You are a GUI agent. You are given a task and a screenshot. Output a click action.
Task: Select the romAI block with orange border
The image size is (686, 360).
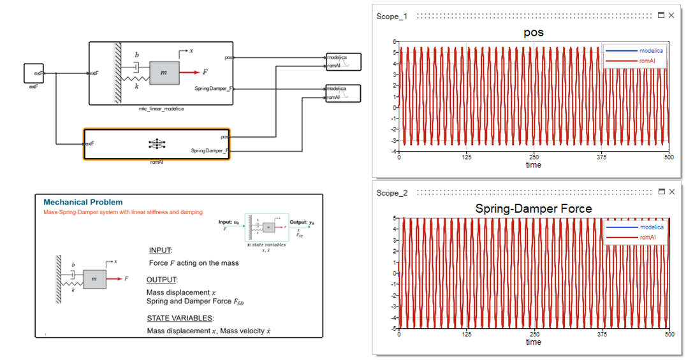pos(157,144)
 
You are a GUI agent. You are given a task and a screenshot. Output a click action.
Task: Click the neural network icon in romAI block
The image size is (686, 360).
pos(156,144)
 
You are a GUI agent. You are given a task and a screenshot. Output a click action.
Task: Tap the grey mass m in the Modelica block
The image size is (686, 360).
pos(164,73)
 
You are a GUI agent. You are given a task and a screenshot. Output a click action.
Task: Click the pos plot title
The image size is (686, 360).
pos(533,32)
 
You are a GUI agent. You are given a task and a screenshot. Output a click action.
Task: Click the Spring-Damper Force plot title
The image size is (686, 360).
pos(533,208)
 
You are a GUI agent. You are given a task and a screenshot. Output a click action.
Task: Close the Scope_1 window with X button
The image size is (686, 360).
pos(671,15)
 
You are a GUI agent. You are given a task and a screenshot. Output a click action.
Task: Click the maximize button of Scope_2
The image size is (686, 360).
pos(661,192)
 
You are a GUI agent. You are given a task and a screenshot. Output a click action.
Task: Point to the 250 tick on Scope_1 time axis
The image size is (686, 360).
pos(534,157)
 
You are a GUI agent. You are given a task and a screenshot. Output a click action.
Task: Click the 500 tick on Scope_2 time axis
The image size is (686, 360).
pos(669,335)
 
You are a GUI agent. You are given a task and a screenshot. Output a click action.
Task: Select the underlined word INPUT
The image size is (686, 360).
pos(161,250)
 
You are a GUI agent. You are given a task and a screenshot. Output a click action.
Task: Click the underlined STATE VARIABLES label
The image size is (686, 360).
pos(180,318)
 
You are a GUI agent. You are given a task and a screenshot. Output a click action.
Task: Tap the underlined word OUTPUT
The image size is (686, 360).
pos(162,280)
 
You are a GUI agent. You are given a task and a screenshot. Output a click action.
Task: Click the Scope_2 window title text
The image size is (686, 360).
pos(391,192)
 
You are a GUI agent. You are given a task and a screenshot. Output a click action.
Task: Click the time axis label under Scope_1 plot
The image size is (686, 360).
pos(533,165)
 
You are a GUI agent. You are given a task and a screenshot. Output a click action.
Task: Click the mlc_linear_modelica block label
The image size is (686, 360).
pos(161,110)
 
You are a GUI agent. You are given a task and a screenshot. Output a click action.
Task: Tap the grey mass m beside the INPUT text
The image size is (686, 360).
pos(94,278)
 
